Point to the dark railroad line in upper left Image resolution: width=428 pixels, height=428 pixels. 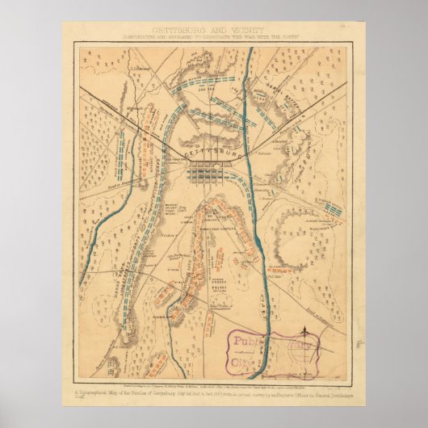point(121,112)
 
